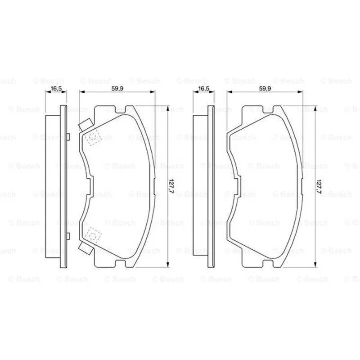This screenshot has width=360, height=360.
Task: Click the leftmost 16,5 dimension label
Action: tap(56, 88)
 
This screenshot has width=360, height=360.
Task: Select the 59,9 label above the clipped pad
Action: tap(117, 88)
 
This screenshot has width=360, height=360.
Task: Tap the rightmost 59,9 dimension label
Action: tap(265, 88)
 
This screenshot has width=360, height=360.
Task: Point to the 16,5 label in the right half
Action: tap(204, 88)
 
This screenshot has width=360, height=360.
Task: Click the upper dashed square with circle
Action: tap(93, 137)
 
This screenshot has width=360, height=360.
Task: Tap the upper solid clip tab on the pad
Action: tap(86, 125)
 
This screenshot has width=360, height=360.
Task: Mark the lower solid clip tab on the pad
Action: tap(86, 248)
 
